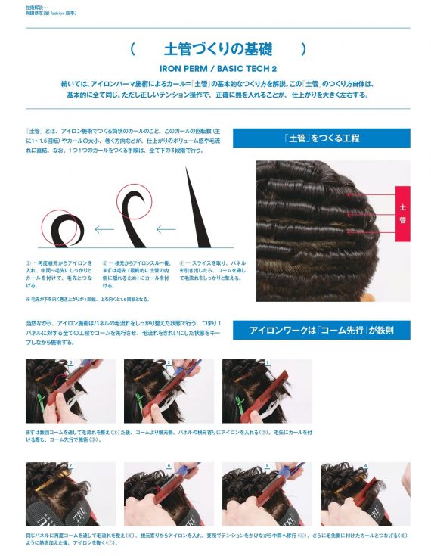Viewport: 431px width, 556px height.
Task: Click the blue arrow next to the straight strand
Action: [166, 229]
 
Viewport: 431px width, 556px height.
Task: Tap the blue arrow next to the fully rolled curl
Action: [104, 229]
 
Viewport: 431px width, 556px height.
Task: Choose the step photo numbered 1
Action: [266, 390]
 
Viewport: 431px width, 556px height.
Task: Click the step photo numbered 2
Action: [168, 390]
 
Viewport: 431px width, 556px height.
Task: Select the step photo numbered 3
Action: [70, 390]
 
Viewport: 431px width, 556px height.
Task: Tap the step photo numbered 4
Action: [364, 494]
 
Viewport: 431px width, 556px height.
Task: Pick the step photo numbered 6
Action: [168, 494]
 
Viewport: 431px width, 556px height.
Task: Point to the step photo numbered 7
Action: [70, 494]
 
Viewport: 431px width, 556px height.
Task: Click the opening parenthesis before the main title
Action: [132, 50]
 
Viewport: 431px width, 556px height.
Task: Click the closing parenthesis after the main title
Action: [304, 50]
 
